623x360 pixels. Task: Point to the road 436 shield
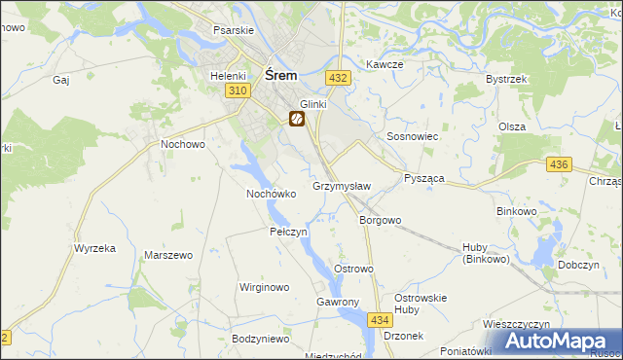(558, 166)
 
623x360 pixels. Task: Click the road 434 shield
(381, 319)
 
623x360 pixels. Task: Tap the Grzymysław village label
(342, 185)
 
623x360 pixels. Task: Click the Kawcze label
(385, 64)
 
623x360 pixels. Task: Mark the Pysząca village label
(423, 180)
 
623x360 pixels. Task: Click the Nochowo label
(182, 144)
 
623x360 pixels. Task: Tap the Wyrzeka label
(94, 248)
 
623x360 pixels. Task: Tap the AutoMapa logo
(558, 342)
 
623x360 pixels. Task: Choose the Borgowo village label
(381, 220)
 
